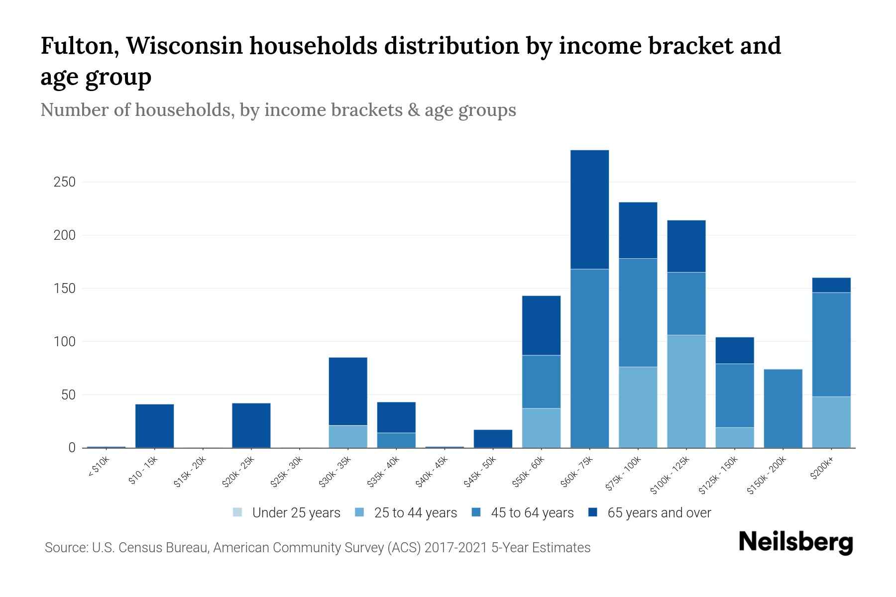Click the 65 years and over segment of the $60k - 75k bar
(x=589, y=209)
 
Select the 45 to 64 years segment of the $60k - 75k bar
(x=589, y=358)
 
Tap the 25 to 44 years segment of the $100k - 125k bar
(x=686, y=391)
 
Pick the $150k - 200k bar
(x=783, y=408)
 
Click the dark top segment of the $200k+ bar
(x=831, y=285)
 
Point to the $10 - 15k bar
(x=155, y=426)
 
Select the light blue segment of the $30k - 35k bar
(x=348, y=436)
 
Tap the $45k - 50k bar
(x=493, y=439)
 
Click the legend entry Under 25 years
(x=296, y=513)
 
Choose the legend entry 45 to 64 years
(x=532, y=513)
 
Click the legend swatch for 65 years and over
(x=593, y=512)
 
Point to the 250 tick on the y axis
(x=64, y=182)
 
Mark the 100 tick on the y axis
(x=64, y=342)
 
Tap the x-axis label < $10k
(x=99, y=468)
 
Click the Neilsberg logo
(x=796, y=542)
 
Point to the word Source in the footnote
(x=64, y=548)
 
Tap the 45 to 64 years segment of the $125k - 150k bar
(x=735, y=396)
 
